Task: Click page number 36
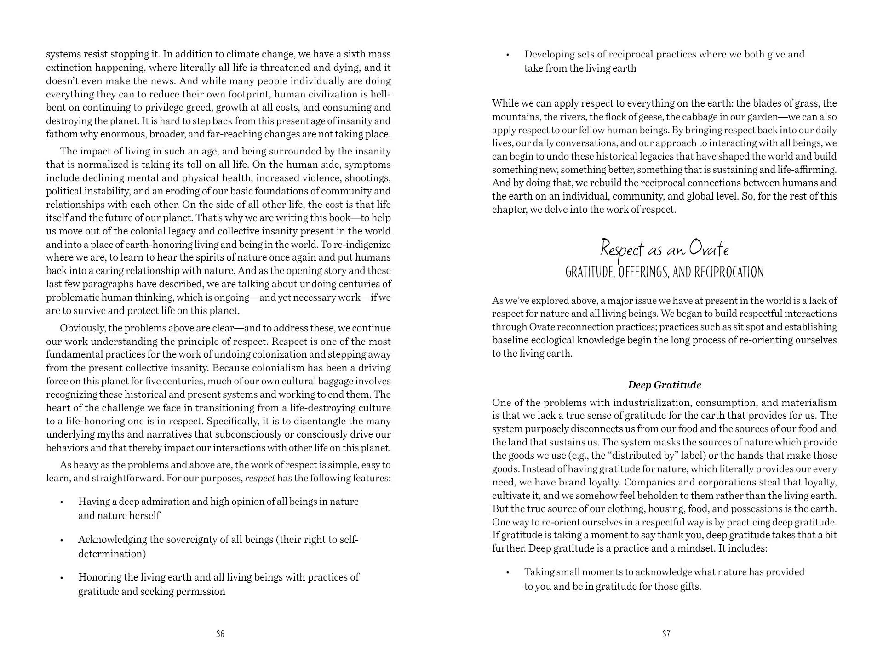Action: point(220,634)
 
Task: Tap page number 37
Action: point(666,634)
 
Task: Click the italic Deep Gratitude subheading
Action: point(665,385)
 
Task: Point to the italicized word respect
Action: point(260,478)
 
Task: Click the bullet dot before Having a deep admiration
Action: point(61,502)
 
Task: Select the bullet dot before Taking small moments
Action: point(508,573)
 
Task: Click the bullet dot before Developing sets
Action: point(508,55)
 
